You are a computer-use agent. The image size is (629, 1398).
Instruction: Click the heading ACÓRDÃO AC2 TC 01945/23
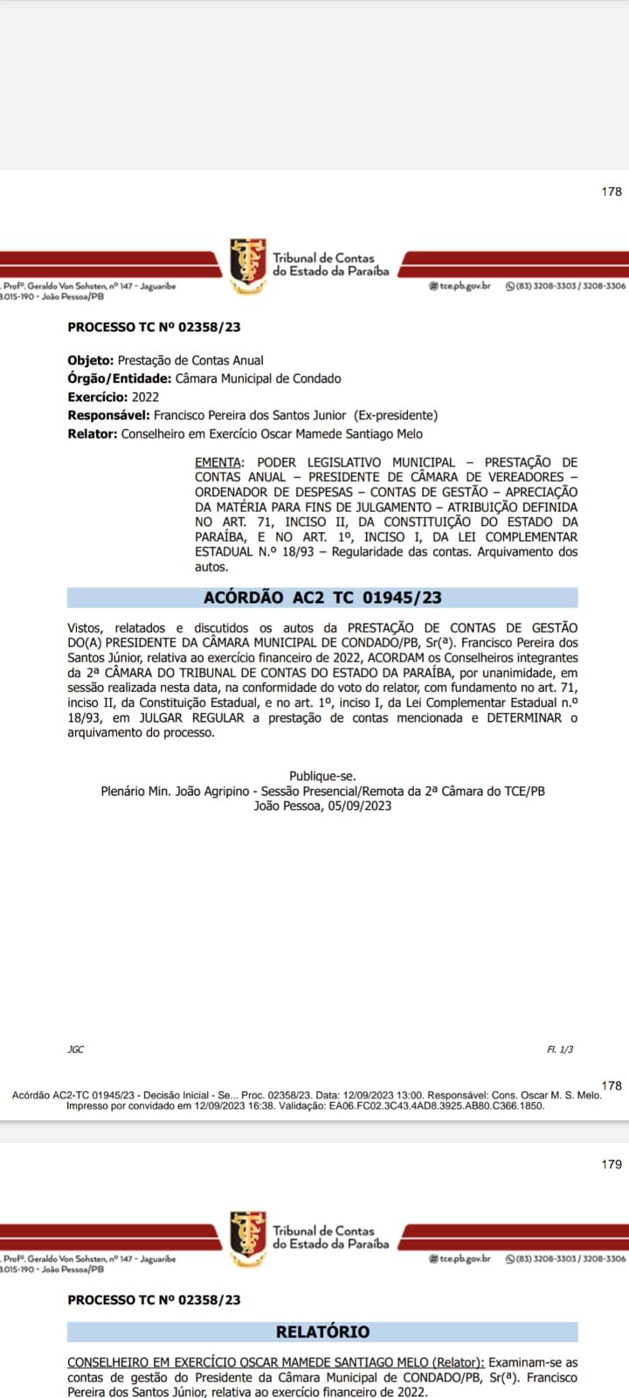click(x=322, y=598)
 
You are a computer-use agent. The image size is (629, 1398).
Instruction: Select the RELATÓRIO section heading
click(x=322, y=1332)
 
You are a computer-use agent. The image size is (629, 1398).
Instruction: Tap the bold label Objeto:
click(x=90, y=360)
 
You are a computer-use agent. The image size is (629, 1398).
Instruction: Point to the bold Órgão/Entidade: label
click(x=120, y=378)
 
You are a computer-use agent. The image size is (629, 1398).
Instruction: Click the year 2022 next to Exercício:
click(x=145, y=397)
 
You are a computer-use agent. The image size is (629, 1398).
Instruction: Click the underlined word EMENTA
click(x=217, y=462)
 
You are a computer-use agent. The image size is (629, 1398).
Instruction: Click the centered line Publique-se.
click(x=322, y=776)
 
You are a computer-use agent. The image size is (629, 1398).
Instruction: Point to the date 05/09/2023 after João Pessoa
click(x=359, y=806)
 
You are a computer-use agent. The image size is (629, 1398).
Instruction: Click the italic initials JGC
click(x=76, y=1049)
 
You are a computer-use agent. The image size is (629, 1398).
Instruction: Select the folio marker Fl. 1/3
click(x=560, y=1049)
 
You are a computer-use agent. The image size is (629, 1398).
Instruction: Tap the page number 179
click(x=612, y=1164)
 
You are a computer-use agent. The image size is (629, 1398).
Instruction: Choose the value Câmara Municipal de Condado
click(x=258, y=378)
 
